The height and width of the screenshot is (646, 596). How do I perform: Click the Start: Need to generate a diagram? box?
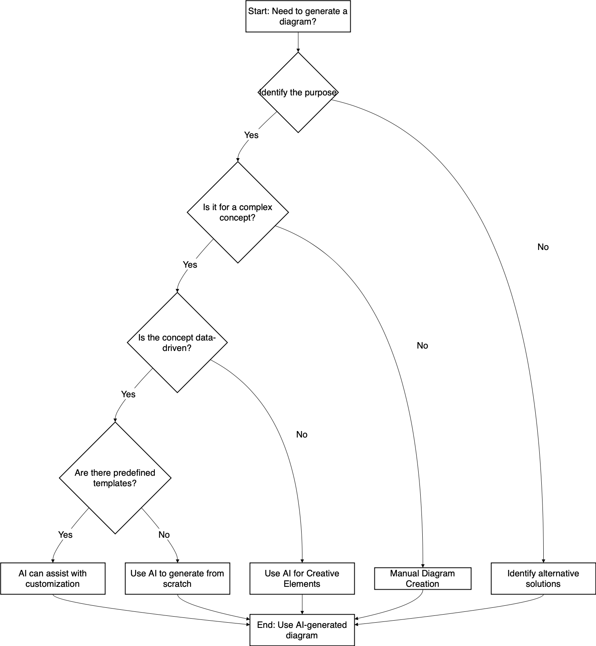tap(298, 17)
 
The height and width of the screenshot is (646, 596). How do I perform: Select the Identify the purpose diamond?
tap(298, 93)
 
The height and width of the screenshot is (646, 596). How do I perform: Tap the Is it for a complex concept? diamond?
tap(238, 213)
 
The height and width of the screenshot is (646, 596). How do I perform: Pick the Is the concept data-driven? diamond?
tap(177, 343)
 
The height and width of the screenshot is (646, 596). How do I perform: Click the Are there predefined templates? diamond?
tap(115, 478)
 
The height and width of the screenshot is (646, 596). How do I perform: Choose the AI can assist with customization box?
tap(53, 578)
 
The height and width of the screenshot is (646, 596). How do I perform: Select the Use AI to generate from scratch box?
tap(177, 578)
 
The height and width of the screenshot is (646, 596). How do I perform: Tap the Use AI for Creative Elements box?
tap(302, 578)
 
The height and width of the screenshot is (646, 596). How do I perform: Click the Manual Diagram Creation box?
tap(423, 578)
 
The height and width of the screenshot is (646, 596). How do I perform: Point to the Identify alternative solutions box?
tap(543, 578)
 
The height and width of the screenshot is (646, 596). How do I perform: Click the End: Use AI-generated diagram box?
tap(302, 630)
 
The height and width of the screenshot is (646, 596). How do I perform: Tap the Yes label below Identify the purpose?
tap(251, 135)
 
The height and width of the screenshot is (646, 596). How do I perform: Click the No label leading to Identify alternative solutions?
tap(543, 247)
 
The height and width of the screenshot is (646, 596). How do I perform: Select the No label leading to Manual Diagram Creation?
tap(422, 346)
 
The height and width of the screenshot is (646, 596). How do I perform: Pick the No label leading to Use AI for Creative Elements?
tap(302, 435)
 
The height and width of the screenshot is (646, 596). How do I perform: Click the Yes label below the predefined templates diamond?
tap(65, 535)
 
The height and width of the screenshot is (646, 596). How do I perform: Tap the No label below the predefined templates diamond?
tap(164, 535)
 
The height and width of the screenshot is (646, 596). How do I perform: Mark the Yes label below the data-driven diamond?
tap(128, 394)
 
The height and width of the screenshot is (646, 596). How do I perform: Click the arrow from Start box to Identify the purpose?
tap(298, 42)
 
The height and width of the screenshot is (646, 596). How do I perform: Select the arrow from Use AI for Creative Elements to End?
tap(302, 604)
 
